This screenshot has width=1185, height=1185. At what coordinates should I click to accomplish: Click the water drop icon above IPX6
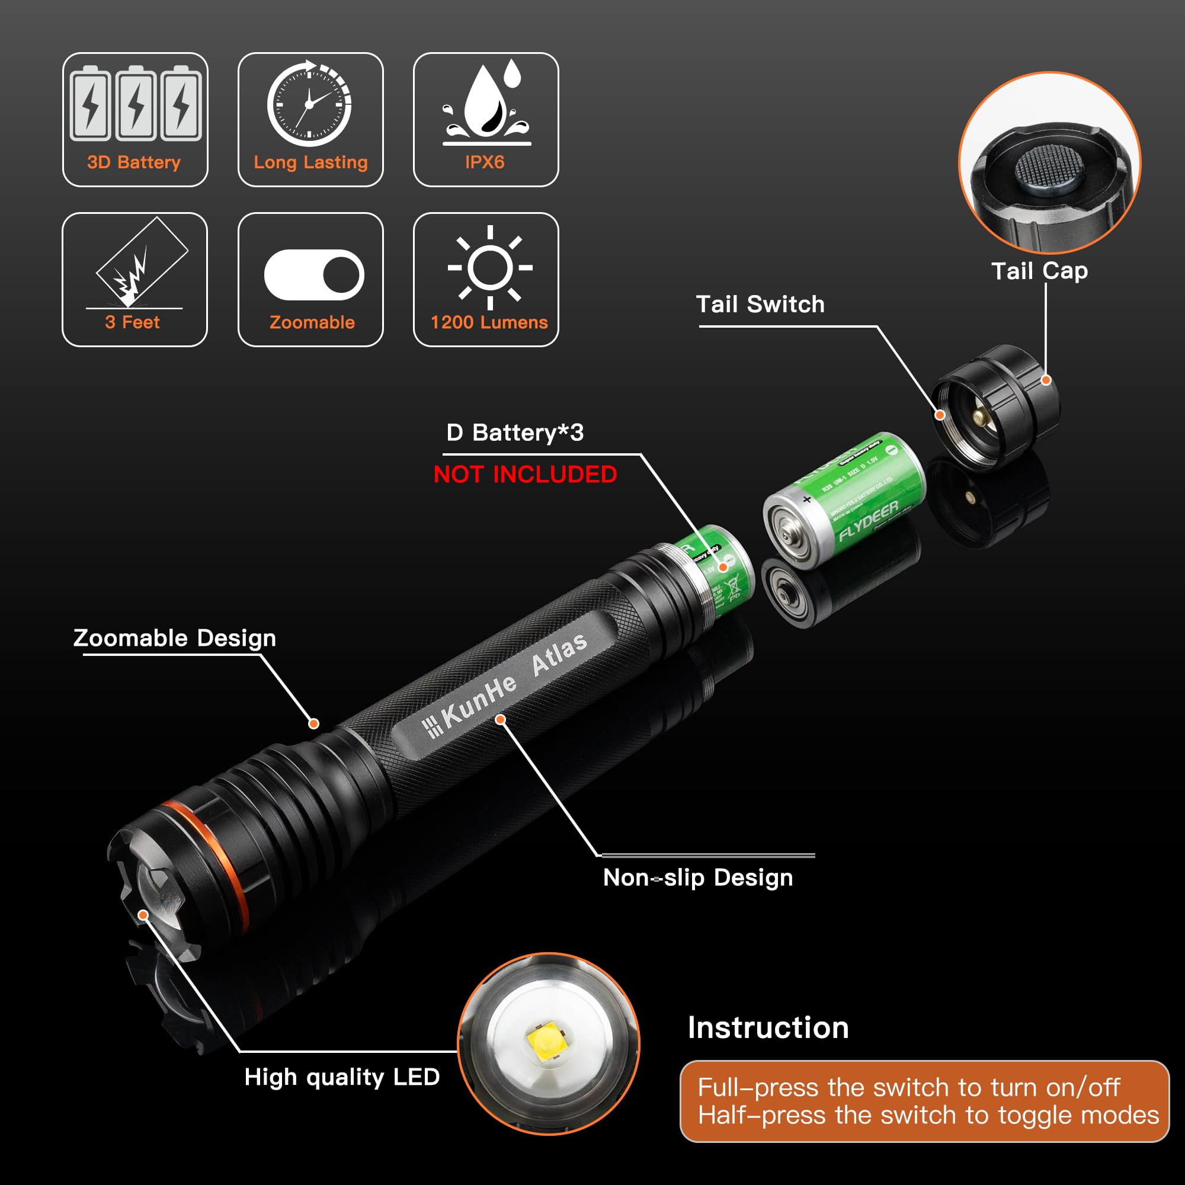click(x=486, y=101)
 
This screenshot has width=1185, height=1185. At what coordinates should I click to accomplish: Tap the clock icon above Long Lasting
click(x=309, y=104)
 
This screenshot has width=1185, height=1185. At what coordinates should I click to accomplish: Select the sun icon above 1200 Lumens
click(x=489, y=267)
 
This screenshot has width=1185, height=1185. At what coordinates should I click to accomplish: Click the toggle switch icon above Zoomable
click(x=313, y=275)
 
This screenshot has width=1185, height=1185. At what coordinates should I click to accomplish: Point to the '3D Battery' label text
click(x=134, y=162)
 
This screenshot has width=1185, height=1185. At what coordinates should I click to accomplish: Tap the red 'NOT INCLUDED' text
click(x=525, y=475)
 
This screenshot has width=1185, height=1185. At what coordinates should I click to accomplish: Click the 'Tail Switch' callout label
click(x=760, y=305)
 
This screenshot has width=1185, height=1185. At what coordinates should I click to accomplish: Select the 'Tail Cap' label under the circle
click(x=1040, y=271)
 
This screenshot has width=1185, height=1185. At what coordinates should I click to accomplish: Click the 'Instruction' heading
click(x=768, y=1028)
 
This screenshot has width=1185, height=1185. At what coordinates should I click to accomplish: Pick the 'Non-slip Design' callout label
click(x=698, y=877)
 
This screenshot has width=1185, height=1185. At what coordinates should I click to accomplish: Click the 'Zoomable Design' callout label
click(x=175, y=638)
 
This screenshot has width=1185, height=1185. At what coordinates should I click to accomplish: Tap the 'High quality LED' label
click(x=342, y=1077)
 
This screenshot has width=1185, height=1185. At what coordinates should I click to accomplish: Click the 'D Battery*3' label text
click(x=515, y=433)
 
